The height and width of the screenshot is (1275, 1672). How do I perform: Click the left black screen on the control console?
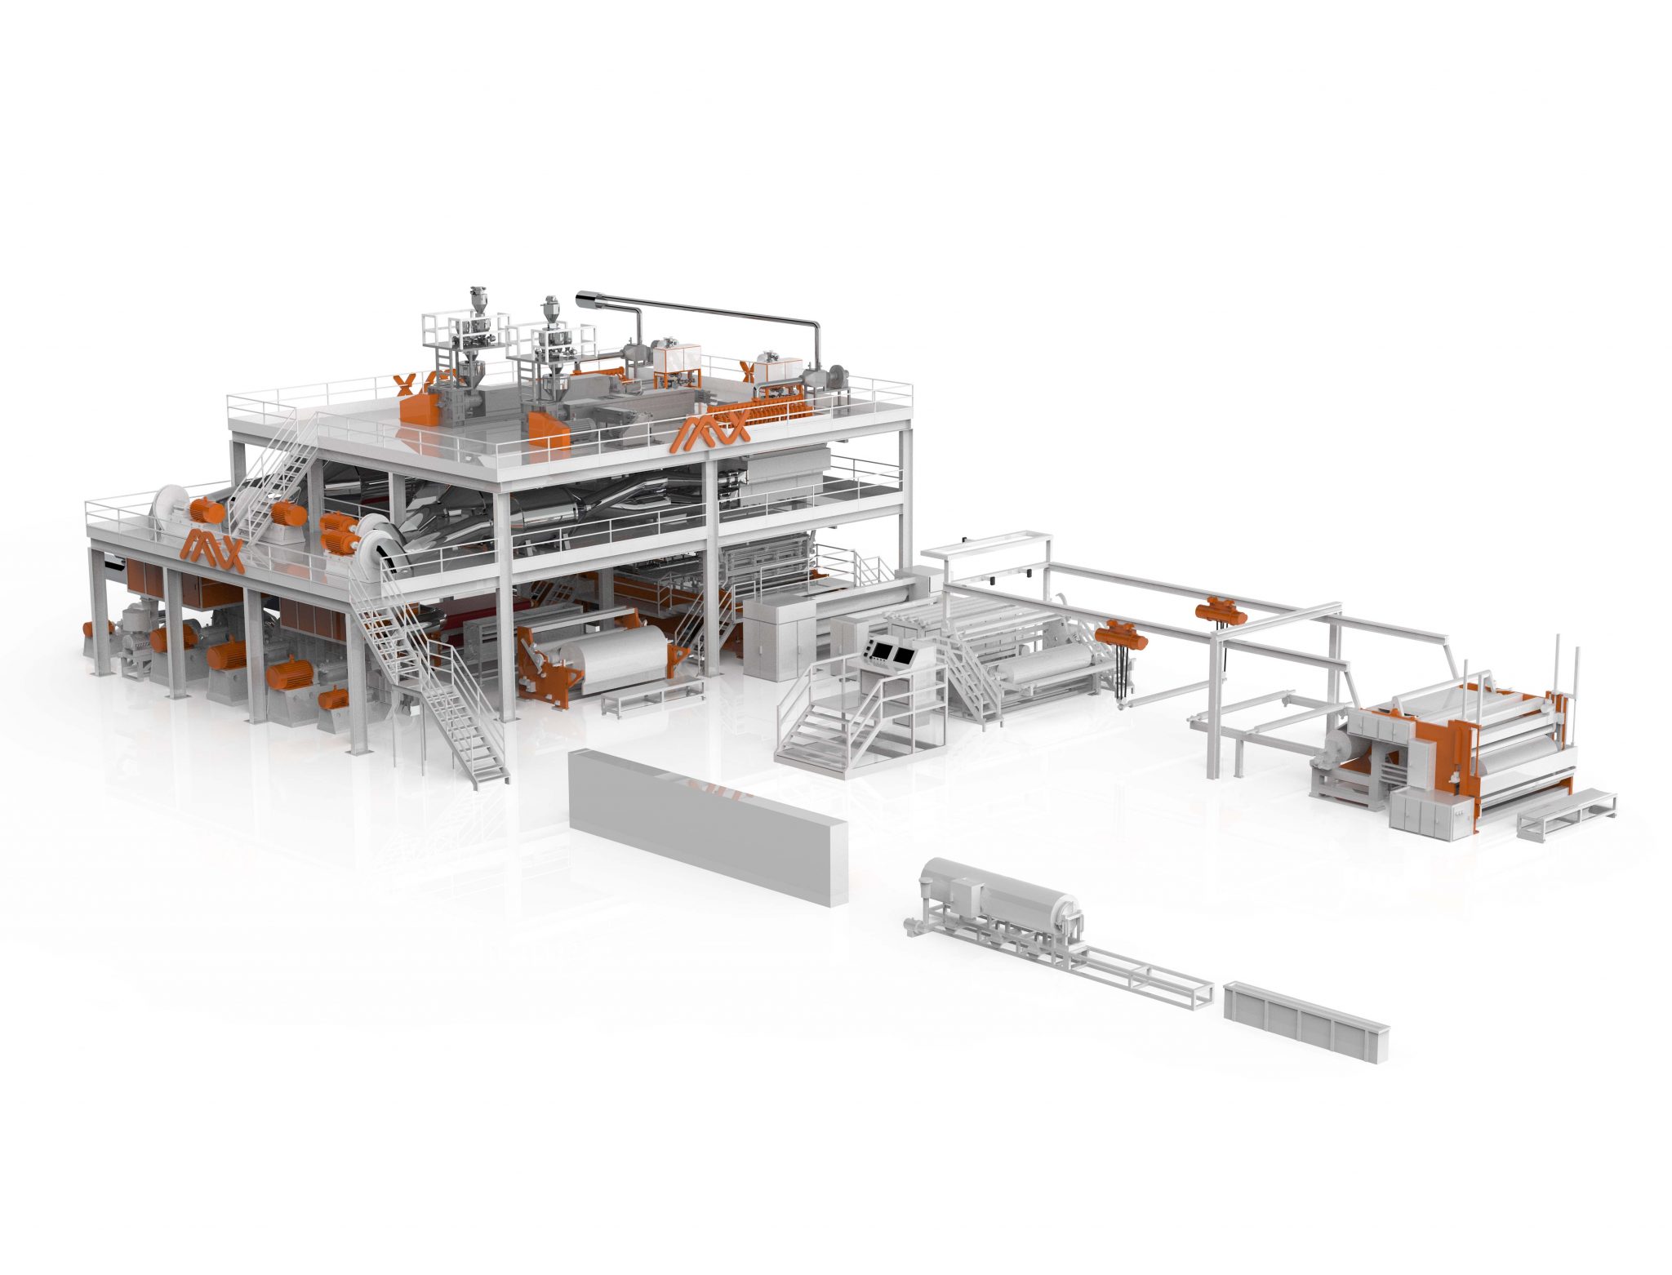click(x=881, y=651)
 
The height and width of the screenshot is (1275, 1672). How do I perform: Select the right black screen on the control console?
click(x=905, y=653)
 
